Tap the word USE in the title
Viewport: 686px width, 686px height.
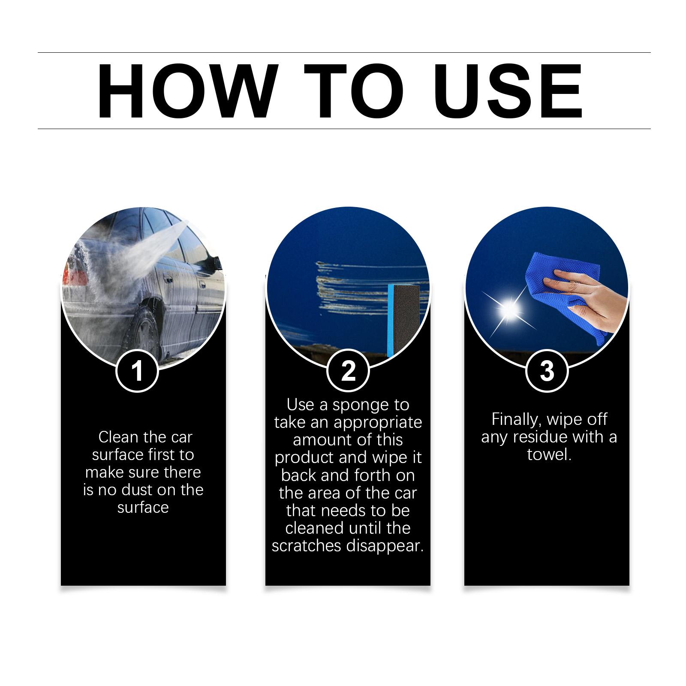point(511,91)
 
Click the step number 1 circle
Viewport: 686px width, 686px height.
point(137,370)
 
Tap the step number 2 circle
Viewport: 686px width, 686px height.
point(348,370)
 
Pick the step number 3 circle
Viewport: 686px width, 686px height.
point(547,370)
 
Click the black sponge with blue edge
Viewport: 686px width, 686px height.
point(401,319)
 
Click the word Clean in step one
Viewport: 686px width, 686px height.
point(119,437)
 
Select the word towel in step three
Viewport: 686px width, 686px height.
point(549,454)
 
